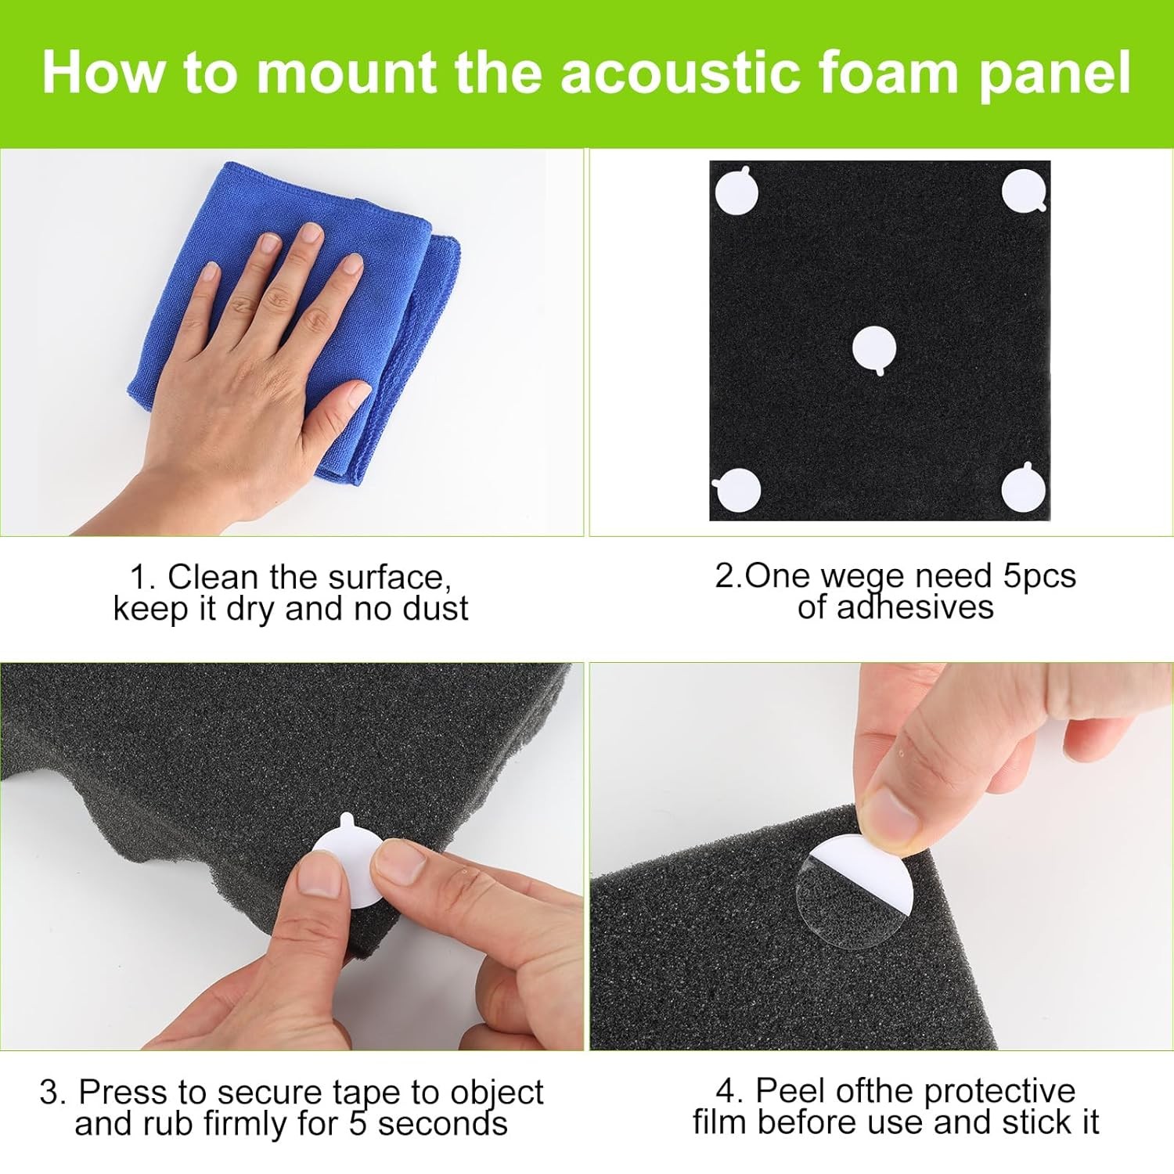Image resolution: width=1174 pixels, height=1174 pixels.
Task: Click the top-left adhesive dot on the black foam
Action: point(736,191)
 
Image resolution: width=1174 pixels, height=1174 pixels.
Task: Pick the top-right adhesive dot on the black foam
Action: point(1025,190)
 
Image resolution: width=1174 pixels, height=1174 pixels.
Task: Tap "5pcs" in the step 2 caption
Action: point(1039,577)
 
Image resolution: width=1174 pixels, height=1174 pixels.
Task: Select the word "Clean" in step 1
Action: point(213,578)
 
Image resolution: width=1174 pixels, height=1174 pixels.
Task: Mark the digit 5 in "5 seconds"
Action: point(358,1124)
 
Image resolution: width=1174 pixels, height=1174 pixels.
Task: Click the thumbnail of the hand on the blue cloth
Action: point(292,343)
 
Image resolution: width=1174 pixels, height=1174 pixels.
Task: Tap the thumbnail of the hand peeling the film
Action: point(881,856)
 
